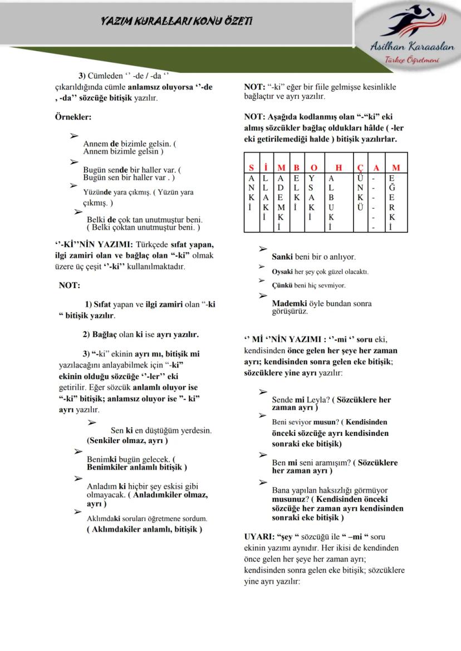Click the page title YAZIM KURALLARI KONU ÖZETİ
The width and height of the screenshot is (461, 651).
(176, 21)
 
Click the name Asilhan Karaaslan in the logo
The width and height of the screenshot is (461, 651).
(412, 47)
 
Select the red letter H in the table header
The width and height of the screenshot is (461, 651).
(339, 167)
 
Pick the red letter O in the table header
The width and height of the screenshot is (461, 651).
(313, 167)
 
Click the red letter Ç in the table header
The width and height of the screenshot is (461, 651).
(360, 167)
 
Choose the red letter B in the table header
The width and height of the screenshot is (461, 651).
(297, 167)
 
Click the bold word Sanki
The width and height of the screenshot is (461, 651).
(282, 257)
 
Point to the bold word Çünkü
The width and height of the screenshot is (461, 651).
(282, 285)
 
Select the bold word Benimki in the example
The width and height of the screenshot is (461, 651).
(101, 460)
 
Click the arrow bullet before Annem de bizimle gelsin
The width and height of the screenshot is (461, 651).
(73, 136)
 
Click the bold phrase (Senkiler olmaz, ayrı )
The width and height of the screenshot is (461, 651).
(127, 440)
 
